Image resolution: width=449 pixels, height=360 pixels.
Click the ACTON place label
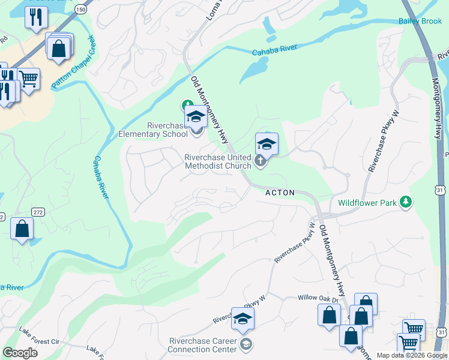point(280,193)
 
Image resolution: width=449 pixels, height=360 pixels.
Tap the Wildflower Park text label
point(367,203)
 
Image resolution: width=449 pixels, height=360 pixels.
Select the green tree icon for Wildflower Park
point(406,202)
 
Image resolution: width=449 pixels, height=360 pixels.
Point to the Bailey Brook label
point(420,21)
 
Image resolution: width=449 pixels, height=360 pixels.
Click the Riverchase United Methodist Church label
point(217,161)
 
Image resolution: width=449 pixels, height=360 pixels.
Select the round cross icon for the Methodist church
point(260,160)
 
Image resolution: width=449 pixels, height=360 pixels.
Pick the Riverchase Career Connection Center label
point(202,345)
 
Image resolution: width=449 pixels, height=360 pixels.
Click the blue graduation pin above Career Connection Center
point(243,319)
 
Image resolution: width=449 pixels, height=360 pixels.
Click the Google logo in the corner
point(20,353)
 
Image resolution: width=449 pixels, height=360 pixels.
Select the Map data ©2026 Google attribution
point(412,355)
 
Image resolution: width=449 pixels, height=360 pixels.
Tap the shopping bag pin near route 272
point(22,229)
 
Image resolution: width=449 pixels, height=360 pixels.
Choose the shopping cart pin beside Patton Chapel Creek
point(28,78)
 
